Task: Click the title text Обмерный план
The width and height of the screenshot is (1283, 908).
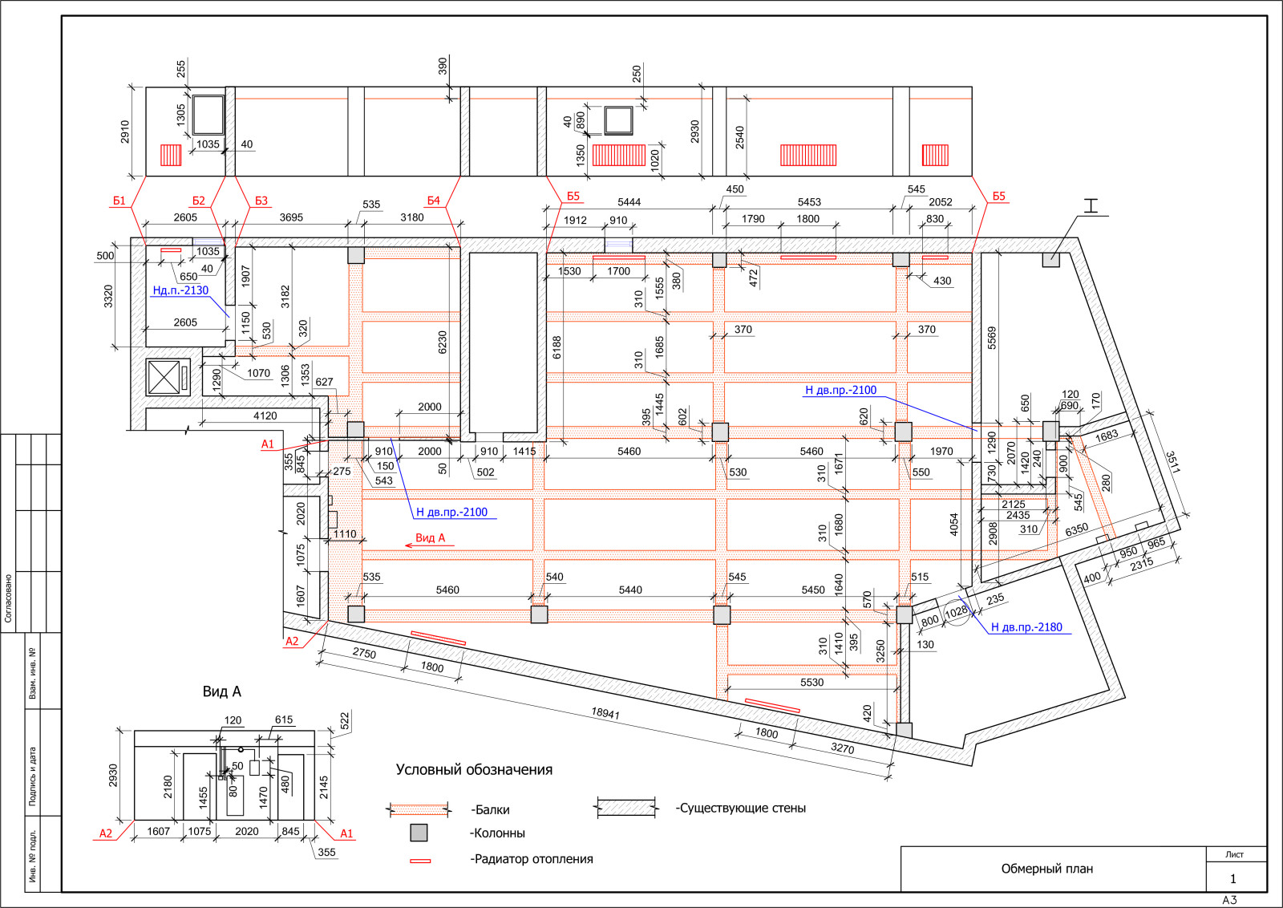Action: pos(1047,869)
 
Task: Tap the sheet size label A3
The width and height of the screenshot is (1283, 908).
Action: pos(1230,900)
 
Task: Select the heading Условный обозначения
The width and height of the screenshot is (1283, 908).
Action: pos(474,770)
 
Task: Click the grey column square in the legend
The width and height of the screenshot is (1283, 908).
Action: pos(419,833)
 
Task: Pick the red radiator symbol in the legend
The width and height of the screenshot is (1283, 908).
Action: pos(420,861)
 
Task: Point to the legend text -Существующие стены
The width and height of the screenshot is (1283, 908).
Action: pos(741,808)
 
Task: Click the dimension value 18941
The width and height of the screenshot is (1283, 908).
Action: pos(606,713)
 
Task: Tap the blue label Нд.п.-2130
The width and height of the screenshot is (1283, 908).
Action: pos(180,290)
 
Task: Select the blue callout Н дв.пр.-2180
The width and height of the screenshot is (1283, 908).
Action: pos(1026,627)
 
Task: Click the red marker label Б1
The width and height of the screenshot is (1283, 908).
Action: pos(119,201)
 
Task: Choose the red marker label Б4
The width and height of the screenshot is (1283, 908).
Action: pos(433,201)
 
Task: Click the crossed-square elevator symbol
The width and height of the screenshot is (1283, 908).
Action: pos(164,378)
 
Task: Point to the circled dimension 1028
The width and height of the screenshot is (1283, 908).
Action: pos(956,612)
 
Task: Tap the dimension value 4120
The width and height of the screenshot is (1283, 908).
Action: pos(265,416)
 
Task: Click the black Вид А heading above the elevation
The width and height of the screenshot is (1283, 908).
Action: pos(221,691)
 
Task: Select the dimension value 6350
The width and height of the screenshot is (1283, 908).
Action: pos(1076,530)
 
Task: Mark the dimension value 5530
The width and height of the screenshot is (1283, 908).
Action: pos(811,683)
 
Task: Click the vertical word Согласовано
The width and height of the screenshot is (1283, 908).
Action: pos(8,598)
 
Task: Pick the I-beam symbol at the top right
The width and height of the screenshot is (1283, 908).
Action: pos(1091,205)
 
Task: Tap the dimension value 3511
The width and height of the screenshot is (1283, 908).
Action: pos(1173,462)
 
